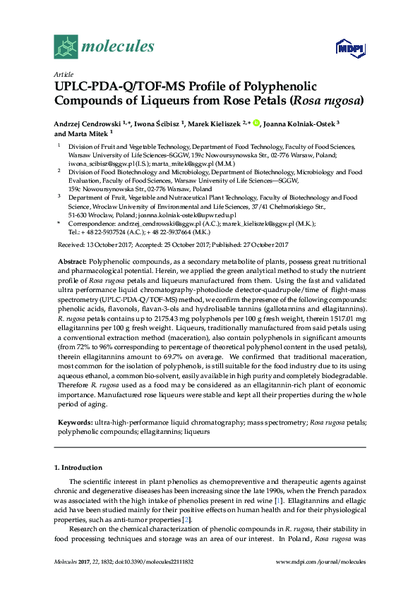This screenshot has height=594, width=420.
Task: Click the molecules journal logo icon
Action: (66, 47)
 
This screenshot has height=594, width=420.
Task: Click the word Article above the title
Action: (64, 73)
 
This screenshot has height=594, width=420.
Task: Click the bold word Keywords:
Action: (75, 422)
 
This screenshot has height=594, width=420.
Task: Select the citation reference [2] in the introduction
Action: (186, 519)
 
